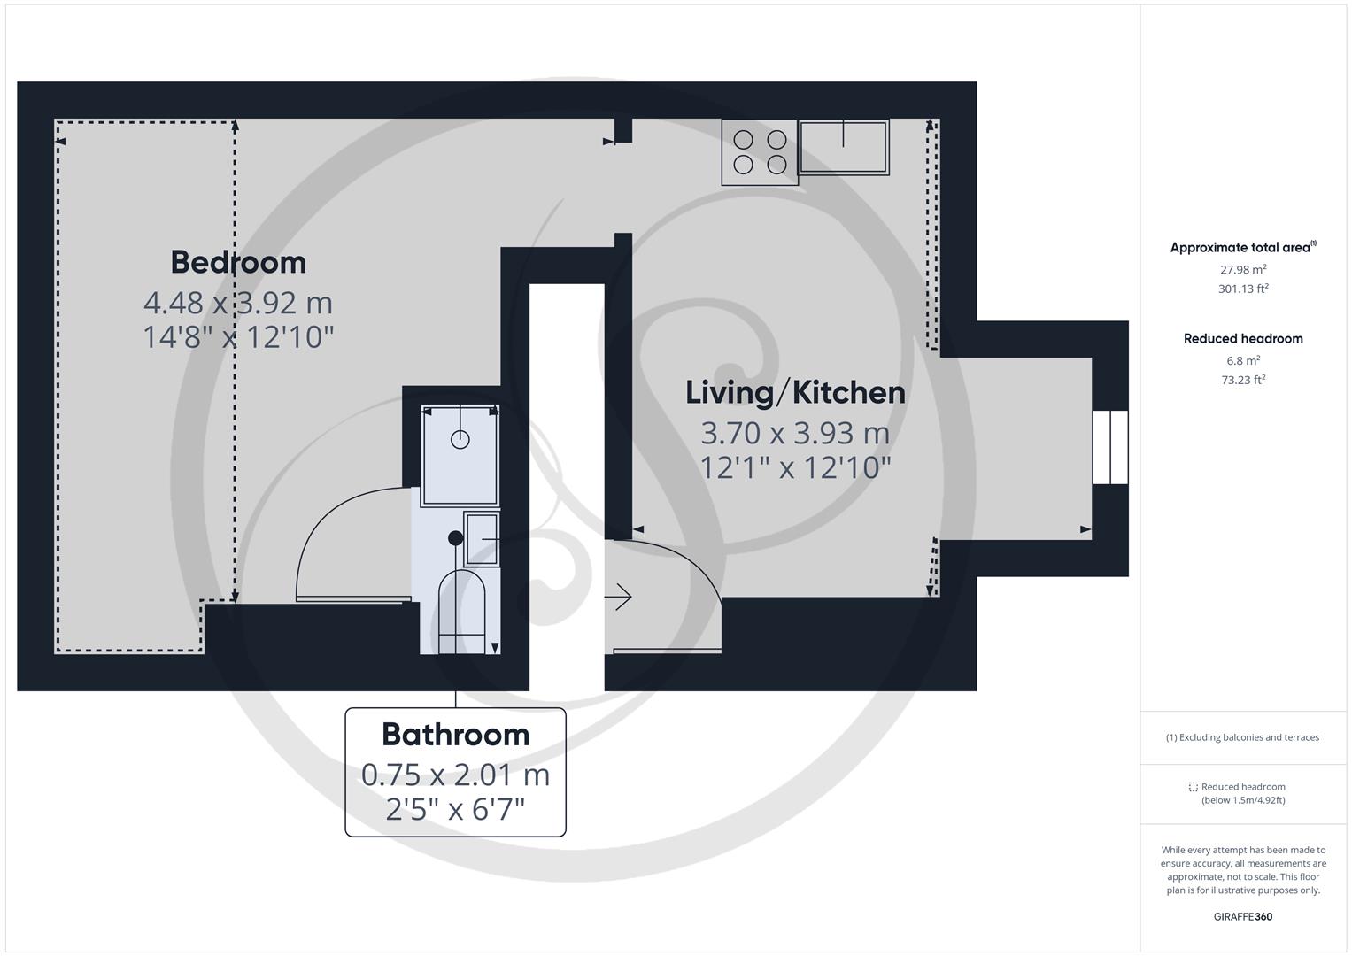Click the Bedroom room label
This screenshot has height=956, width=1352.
click(x=238, y=262)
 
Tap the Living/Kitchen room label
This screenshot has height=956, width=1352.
click(x=795, y=392)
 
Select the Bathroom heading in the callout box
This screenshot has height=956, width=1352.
click(x=455, y=734)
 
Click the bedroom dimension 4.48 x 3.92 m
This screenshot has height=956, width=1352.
click(x=238, y=303)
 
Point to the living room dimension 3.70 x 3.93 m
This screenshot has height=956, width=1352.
click(x=795, y=433)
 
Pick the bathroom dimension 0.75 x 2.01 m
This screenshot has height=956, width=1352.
click(x=455, y=775)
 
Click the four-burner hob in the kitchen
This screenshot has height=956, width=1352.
click(x=760, y=152)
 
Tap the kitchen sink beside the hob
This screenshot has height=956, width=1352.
click(x=843, y=147)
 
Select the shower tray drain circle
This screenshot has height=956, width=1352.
click(x=460, y=438)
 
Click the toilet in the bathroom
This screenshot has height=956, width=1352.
click(x=462, y=611)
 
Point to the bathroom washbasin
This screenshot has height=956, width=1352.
click(x=482, y=539)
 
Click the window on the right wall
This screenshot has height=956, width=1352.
click(x=1110, y=447)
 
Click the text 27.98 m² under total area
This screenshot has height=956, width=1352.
click(x=1243, y=270)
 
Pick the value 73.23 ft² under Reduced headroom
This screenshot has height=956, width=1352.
click(x=1243, y=380)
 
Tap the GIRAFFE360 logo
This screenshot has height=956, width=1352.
click(x=1243, y=916)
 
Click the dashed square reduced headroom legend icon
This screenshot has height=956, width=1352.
click(x=1193, y=787)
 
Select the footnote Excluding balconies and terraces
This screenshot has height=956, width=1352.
click(x=1243, y=737)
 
